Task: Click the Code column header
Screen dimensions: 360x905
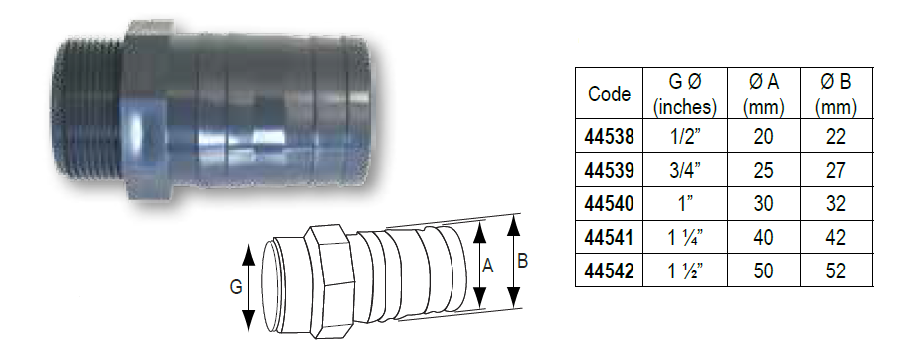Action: tap(610, 94)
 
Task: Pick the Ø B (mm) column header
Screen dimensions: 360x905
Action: tap(836, 94)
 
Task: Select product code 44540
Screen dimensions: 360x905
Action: tap(610, 205)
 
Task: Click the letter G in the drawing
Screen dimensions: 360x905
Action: tap(235, 288)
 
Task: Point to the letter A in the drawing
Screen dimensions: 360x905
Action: tap(488, 267)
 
